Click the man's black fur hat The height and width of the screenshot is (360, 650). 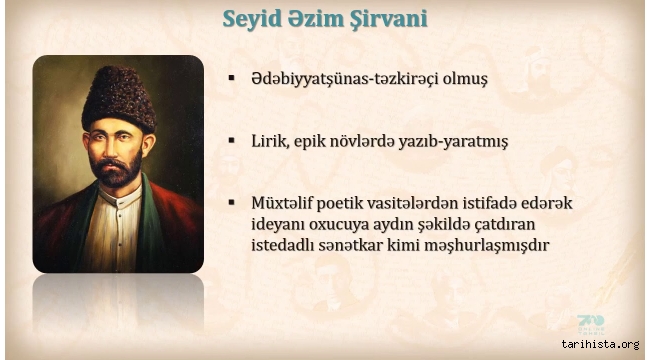coord(118,96)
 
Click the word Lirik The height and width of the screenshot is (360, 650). coord(271,142)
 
